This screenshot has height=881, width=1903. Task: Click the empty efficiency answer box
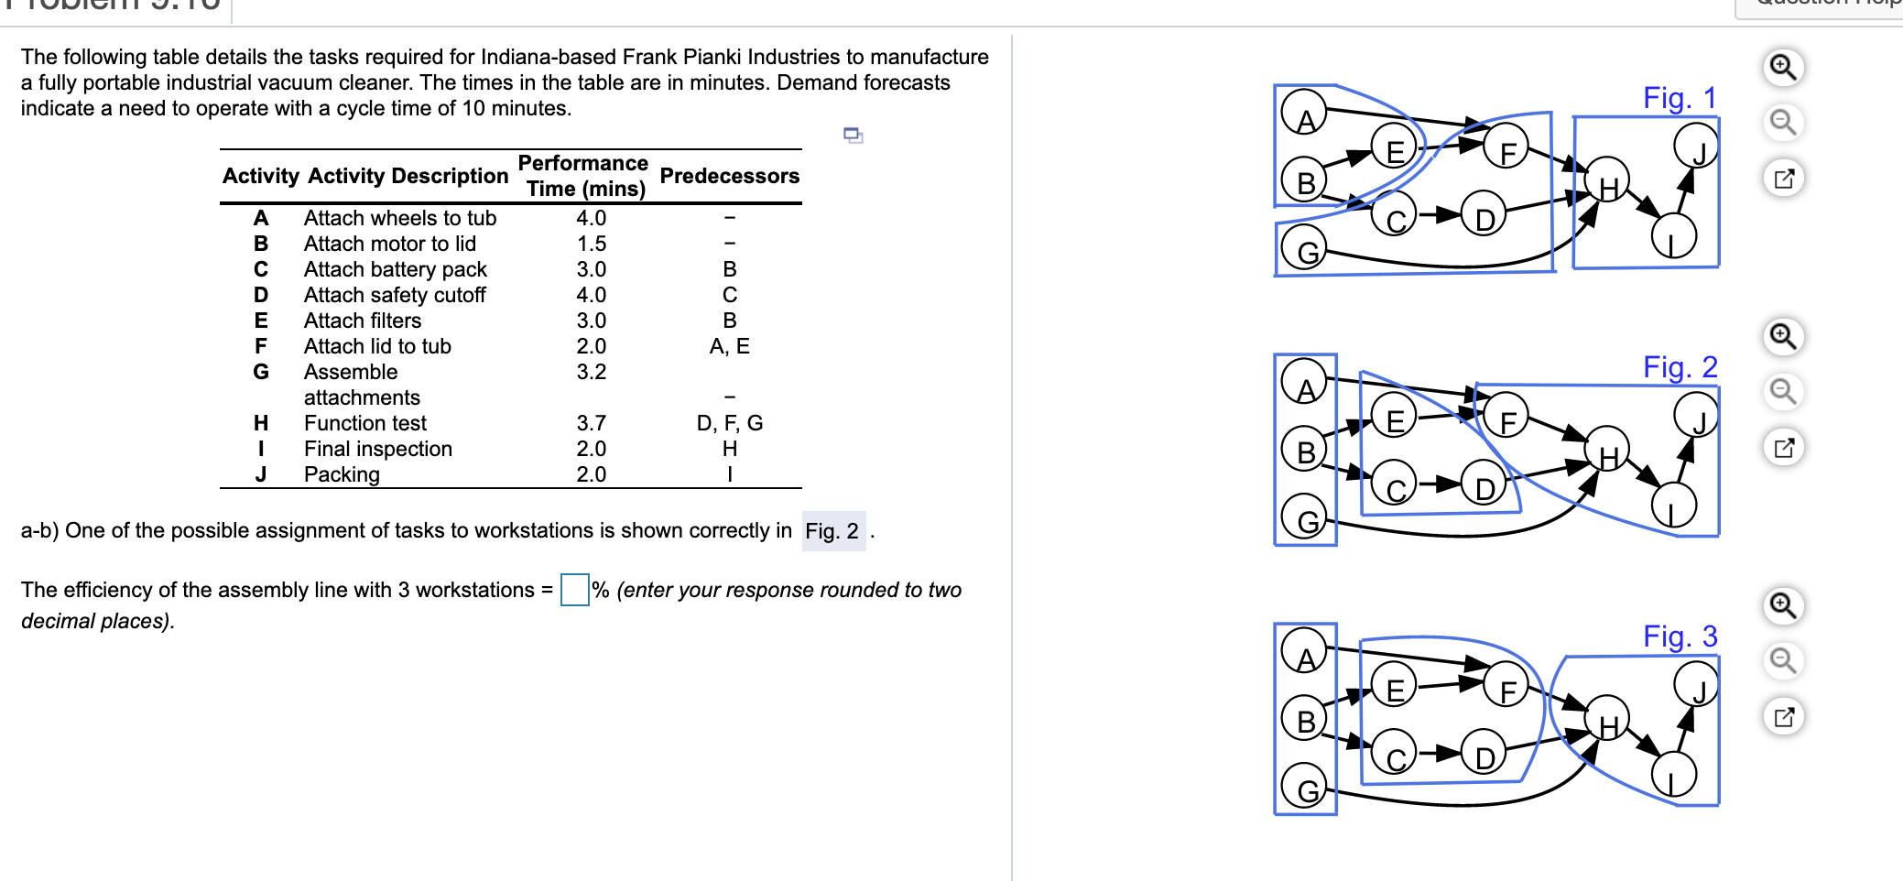[574, 590]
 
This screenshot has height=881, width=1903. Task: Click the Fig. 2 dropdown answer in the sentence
[832, 531]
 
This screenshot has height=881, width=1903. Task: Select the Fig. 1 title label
[1679, 98]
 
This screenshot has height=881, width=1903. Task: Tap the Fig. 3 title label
[1679, 636]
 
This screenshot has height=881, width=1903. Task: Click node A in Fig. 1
[1304, 114]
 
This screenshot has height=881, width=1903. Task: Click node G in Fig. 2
[1304, 518]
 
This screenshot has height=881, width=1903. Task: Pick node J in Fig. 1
[1696, 147]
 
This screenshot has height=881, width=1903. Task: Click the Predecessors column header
[729, 176]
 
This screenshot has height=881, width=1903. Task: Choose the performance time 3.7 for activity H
[591, 423]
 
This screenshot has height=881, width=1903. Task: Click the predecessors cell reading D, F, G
[729, 423]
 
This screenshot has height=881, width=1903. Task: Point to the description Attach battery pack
[395, 269]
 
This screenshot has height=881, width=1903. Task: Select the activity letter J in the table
[261, 474]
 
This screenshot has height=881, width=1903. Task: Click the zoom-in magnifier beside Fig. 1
[1783, 68]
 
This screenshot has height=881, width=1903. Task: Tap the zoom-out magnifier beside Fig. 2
[1783, 392]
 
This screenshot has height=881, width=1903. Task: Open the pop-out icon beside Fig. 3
[1783, 716]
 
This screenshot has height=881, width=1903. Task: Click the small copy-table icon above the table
[853, 136]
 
